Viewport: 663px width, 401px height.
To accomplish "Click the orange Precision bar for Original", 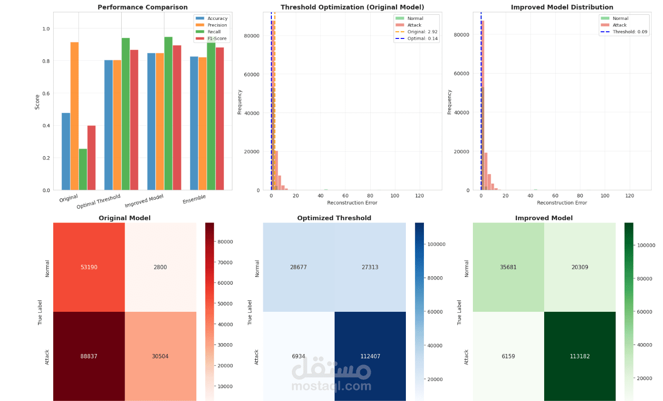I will tap(75, 116).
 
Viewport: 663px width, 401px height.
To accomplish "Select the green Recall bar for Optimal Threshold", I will tap(125, 114).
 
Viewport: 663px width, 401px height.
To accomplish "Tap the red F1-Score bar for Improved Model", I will tap(177, 118).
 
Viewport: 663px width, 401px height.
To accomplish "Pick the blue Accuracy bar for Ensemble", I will tap(194, 123).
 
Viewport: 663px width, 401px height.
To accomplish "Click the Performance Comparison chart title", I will tap(143, 7).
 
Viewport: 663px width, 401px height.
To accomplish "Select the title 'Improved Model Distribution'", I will tap(562, 7).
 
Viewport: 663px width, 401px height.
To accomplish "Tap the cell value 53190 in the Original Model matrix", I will tap(89, 267).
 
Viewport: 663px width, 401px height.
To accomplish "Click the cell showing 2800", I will tap(160, 267).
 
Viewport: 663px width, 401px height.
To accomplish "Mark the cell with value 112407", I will tap(370, 356).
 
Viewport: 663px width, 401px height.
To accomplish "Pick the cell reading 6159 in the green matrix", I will tap(508, 356).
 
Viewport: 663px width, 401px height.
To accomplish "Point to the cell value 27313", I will tap(370, 267).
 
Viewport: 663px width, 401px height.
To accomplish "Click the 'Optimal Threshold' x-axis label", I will tap(99, 201).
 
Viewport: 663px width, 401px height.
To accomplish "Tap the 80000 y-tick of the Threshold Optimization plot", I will tap(252, 36).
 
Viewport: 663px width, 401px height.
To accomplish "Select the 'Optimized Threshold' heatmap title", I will tap(334, 218).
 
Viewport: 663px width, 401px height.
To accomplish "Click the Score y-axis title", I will tap(37, 101).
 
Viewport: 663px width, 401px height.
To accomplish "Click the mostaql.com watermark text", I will tap(331, 386).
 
